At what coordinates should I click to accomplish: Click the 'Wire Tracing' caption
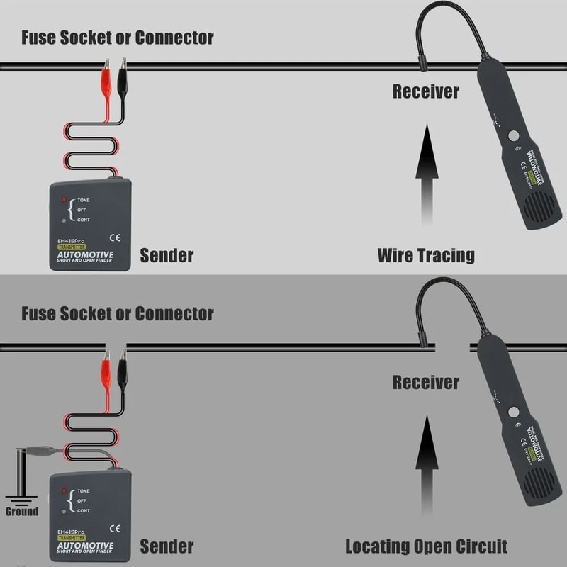[425, 254]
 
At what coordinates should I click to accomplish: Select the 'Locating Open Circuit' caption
[426, 546]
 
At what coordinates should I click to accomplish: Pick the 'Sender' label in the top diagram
[167, 254]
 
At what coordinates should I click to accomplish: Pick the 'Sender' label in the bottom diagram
[167, 546]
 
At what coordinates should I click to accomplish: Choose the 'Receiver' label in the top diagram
[425, 91]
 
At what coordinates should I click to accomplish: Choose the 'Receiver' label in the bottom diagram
[425, 383]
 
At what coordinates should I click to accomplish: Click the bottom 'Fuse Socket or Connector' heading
[117, 313]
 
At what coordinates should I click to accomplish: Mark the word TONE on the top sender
[84, 200]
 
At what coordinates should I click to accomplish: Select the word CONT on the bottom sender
[84, 510]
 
